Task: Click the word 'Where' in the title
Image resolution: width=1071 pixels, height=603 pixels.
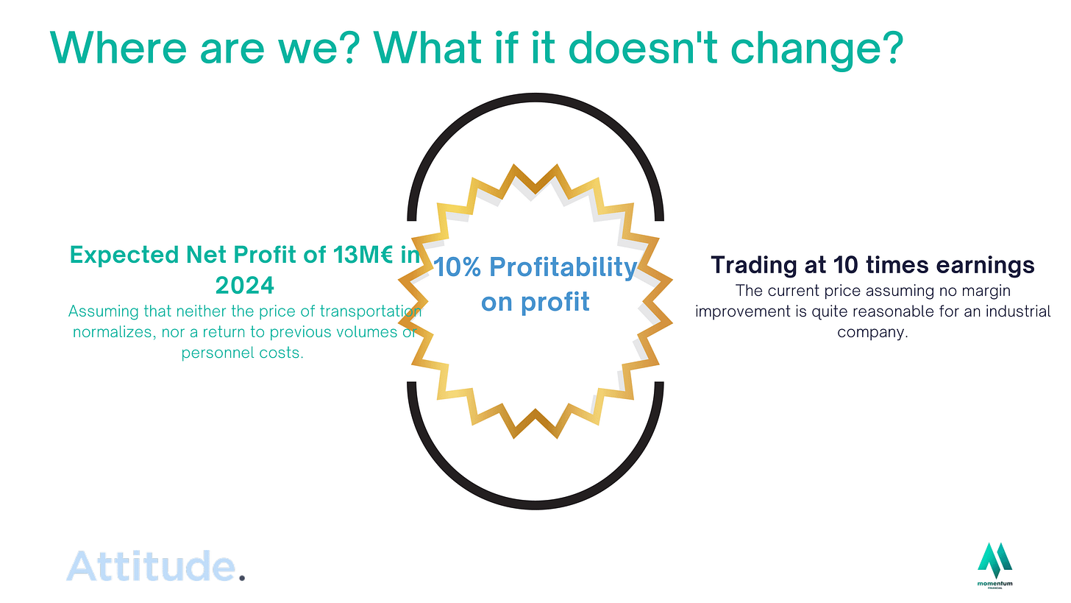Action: click(118, 48)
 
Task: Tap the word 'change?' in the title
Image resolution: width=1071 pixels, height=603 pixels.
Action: click(817, 51)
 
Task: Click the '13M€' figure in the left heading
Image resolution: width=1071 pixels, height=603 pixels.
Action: click(363, 255)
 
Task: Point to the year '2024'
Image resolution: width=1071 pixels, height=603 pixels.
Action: click(244, 286)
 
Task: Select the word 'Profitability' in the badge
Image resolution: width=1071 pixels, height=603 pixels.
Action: click(563, 267)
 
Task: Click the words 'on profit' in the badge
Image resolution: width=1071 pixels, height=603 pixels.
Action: click(535, 303)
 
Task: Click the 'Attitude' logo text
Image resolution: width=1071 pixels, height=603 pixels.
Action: click(151, 565)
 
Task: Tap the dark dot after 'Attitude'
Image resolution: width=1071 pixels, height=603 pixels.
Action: click(242, 578)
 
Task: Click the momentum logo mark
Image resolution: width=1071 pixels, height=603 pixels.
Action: click(995, 561)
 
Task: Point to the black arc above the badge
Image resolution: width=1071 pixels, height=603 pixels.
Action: click(535, 98)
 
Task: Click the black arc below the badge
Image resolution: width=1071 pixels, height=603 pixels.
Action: click(535, 504)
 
